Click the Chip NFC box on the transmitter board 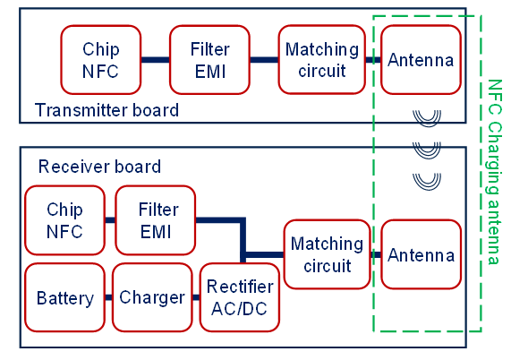[x=101, y=60]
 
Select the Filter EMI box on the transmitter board [x=209, y=60]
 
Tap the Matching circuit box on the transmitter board [x=321, y=60]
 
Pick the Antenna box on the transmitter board [x=421, y=60]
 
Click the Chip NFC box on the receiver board [x=64, y=220]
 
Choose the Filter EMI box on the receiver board [x=156, y=220]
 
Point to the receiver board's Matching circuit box [x=328, y=254]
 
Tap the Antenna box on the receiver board [x=421, y=254]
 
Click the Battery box [x=64, y=297]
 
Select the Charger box [x=152, y=297]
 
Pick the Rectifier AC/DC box [x=240, y=297]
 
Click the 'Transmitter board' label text [x=106, y=110]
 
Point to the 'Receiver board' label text [x=99, y=167]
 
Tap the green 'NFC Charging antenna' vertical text [x=494, y=172]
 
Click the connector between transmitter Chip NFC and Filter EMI [x=156, y=60]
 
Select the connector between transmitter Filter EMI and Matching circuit [x=264, y=60]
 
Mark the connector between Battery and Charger [x=108, y=297]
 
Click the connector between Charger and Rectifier [x=196, y=297]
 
